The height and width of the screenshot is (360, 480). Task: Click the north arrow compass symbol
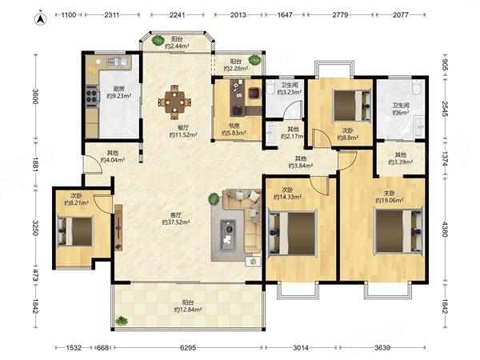click(41, 19)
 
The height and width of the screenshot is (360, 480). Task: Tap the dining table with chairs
click(174, 102)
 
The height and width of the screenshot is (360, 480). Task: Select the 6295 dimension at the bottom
click(188, 348)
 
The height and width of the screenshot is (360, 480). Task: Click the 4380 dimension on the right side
click(445, 229)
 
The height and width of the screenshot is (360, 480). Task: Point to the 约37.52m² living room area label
click(176, 222)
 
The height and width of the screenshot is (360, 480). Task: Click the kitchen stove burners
click(92, 95)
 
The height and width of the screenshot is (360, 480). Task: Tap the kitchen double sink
click(117, 62)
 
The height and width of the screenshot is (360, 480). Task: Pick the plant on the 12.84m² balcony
click(122, 321)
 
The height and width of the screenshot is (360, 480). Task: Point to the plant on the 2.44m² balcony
click(158, 41)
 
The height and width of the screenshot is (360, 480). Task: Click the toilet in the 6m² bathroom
click(416, 86)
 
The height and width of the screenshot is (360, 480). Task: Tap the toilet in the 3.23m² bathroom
click(270, 87)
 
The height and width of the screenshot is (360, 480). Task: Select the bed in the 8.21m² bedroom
click(75, 231)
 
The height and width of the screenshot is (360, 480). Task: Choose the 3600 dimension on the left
click(35, 96)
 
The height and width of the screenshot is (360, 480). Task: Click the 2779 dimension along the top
click(340, 14)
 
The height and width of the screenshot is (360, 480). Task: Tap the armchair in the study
click(254, 93)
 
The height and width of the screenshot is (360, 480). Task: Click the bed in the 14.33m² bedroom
click(292, 234)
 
